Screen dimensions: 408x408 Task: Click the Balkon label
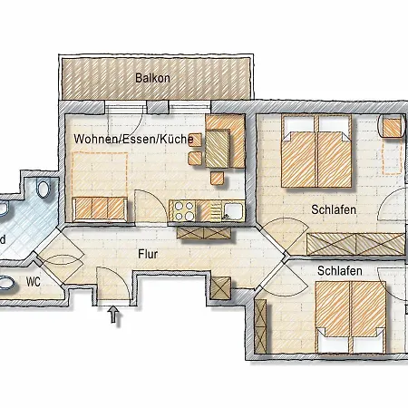click(x=152, y=78)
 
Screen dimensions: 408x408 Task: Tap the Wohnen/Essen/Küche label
click(x=133, y=139)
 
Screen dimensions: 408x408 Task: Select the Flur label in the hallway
click(x=148, y=254)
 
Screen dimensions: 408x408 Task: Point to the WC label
click(x=34, y=282)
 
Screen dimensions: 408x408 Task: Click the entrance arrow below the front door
click(x=113, y=315)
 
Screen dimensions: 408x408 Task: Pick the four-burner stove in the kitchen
click(x=184, y=210)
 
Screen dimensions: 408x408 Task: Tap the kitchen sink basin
click(x=233, y=210)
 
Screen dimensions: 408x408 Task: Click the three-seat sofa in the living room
click(x=100, y=209)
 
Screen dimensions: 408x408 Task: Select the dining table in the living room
click(x=218, y=148)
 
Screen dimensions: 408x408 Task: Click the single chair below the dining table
click(x=218, y=178)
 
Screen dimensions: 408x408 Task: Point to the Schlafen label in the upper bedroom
click(x=334, y=209)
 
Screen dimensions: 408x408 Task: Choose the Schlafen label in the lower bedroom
click(x=340, y=271)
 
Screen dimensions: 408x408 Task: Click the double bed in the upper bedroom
click(x=316, y=151)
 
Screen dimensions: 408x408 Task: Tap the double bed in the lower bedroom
click(x=351, y=317)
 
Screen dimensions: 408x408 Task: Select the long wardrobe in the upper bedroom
click(x=355, y=244)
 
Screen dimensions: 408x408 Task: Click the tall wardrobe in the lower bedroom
click(x=260, y=326)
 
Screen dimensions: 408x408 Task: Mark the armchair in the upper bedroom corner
click(x=392, y=126)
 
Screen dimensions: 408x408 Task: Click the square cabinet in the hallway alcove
click(x=220, y=288)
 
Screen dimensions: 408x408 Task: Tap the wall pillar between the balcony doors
click(x=157, y=106)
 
